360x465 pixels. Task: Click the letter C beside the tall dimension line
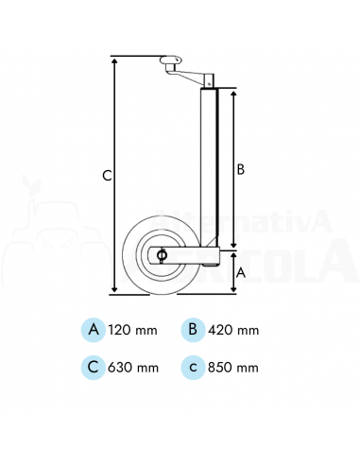tap(107, 175)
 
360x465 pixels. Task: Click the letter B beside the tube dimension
tap(240, 169)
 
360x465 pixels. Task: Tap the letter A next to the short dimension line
tap(241, 273)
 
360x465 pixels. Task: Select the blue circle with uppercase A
tap(94, 330)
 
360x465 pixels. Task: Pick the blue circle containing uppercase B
tap(193, 330)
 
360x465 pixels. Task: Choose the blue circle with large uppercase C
tap(94, 367)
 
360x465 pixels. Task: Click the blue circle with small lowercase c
tap(193, 367)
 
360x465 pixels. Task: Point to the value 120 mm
tap(132, 330)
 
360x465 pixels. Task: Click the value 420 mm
tap(233, 330)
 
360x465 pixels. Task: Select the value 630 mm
tap(133, 368)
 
